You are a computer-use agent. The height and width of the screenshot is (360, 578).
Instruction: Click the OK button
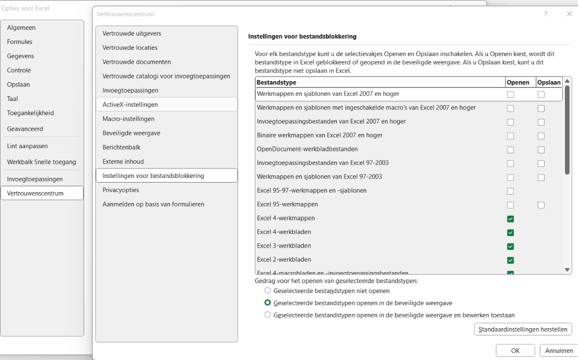[x=515, y=351]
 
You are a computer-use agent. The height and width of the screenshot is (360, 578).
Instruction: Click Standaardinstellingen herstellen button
[x=523, y=329]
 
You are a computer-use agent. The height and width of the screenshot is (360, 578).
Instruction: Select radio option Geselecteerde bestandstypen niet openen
[x=268, y=290]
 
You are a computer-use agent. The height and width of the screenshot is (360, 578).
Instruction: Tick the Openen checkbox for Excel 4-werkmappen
[x=511, y=219]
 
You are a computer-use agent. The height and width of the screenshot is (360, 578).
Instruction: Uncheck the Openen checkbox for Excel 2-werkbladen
[x=511, y=260]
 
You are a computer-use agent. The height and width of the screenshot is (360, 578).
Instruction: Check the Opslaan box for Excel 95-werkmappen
[x=541, y=205]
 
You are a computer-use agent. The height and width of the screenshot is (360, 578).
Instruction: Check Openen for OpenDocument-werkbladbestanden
[x=511, y=150]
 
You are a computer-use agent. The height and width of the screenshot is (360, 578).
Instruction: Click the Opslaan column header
[x=548, y=82]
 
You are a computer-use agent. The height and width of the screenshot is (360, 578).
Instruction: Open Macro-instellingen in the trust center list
[x=129, y=119]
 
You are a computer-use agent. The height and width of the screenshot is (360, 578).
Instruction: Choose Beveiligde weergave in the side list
[x=131, y=133]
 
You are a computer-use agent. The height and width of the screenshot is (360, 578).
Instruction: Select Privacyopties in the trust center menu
[x=121, y=190]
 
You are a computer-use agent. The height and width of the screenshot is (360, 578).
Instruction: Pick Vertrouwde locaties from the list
[x=130, y=48]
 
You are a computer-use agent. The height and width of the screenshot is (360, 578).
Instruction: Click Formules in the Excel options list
[x=20, y=42]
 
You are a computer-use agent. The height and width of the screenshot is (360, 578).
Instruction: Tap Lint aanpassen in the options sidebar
[x=27, y=146]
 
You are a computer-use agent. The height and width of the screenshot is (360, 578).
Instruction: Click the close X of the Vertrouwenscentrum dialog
[x=569, y=14]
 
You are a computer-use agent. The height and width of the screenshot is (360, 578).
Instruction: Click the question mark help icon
[x=546, y=14]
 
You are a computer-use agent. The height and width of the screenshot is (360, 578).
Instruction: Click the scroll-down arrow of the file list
[x=568, y=269]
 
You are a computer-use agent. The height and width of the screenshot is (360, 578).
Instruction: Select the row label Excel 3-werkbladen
[x=284, y=246]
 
